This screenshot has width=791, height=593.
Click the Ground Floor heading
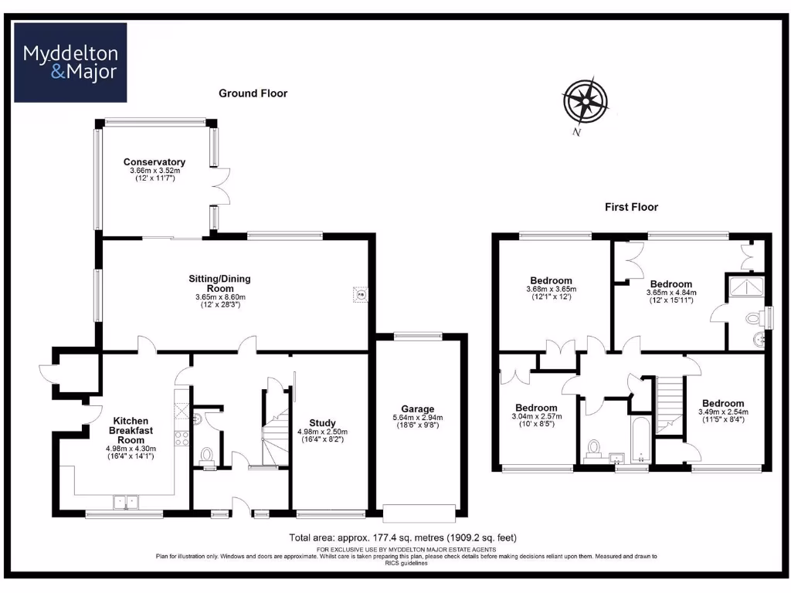coord(253,93)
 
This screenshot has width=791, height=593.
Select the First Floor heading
coord(631,207)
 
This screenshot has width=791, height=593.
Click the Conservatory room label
coord(154,162)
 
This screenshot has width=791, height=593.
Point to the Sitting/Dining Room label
coord(219,283)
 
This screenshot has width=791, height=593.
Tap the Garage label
coord(417,409)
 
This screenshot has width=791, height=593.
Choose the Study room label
coord(322,423)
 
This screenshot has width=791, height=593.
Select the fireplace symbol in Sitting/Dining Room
coord(360,293)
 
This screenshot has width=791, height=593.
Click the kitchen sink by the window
coord(125,502)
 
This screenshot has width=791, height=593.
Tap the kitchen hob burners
coord(183,439)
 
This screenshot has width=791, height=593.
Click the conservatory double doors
coord(219,186)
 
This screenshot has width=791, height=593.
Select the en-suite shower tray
coord(746,288)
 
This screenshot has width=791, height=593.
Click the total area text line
coord(402,537)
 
